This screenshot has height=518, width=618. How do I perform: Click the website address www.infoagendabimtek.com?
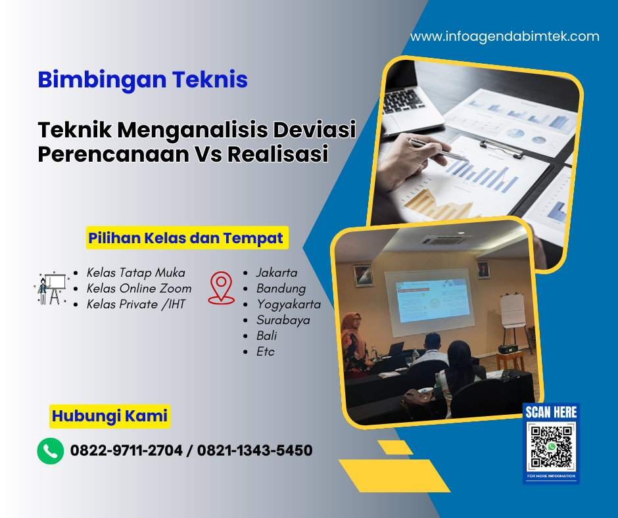pyautogui.click(x=504, y=37)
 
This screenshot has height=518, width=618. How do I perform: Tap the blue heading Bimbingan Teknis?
pyautogui.click(x=143, y=80)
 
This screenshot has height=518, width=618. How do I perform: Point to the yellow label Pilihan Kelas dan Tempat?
pyautogui.click(x=187, y=238)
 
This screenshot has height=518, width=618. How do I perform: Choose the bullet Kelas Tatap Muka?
pyautogui.click(x=136, y=272)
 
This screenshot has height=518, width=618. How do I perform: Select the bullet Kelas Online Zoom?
pyautogui.click(x=139, y=288)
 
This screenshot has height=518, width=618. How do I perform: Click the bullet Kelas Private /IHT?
pyautogui.click(x=136, y=304)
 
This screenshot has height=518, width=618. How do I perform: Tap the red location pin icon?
pyautogui.click(x=221, y=289)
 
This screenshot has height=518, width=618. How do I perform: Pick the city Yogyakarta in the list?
pyautogui.click(x=289, y=304)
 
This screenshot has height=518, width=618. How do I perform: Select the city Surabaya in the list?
pyautogui.click(x=283, y=320)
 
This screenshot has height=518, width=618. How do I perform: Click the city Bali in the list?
pyautogui.click(x=266, y=335)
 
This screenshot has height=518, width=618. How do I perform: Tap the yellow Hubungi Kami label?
pyautogui.click(x=110, y=416)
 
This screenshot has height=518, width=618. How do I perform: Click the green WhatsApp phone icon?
pyautogui.click(x=51, y=451)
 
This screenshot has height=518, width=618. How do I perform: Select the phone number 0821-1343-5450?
pyautogui.click(x=254, y=451)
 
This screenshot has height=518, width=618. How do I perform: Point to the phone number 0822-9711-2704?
pyautogui.click(x=126, y=451)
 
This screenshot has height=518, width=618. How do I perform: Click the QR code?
pyautogui.click(x=551, y=447)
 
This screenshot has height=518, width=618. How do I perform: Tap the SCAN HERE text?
pyautogui.click(x=551, y=412)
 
